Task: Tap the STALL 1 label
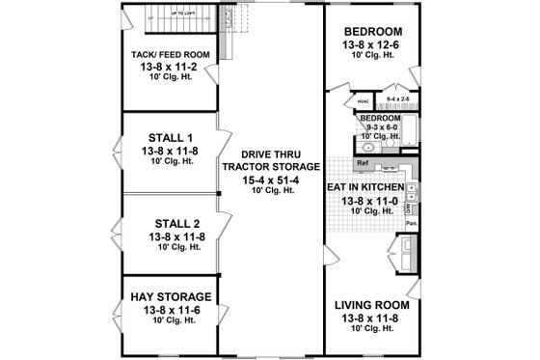pos(169,137)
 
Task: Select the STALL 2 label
pos(169,223)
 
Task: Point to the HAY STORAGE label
pos(169,295)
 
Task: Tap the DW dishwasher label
pos(409,207)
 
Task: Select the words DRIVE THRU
pos(268,152)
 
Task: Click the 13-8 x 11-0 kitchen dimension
pos(368,200)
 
